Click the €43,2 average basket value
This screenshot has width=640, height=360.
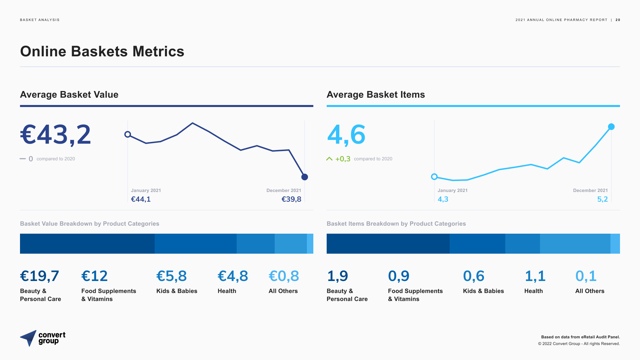pyautogui.click(x=55, y=135)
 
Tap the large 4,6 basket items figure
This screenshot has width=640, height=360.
pyautogui.click(x=346, y=135)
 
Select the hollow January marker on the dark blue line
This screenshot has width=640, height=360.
pyautogui.click(x=128, y=134)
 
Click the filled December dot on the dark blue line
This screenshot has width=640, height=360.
pyautogui.click(x=305, y=177)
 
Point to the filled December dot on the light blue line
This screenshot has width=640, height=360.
pyautogui.click(x=611, y=127)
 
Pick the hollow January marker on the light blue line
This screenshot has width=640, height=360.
pyautogui.click(x=434, y=177)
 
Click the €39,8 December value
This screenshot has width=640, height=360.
pyautogui.click(x=291, y=199)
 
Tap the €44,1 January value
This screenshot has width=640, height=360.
pyautogui.click(x=141, y=199)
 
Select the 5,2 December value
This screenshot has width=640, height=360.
pyautogui.click(x=602, y=199)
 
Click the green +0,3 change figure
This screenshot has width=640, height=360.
pyautogui.click(x=343, y=159)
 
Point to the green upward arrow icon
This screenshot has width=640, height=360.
pyautogui.click(x=329, y=159)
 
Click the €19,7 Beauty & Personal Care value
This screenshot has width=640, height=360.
pyautogui.click(x=39, y=276)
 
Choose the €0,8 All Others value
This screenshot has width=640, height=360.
pyautogui.click(x=284, y=276)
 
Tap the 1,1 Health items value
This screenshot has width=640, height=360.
pyautogui.click(x=535, y=276)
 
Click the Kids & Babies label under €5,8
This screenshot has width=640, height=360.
pyautogui.click(x=177, y=291)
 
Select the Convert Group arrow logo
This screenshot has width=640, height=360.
pyautogui.click(x=29, y=338)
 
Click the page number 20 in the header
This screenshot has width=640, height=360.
pyautogui.click(x=618, y=20)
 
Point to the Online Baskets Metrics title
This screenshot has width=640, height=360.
pyautogui.click(x=102, y=51)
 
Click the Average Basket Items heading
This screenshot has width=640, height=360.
pyautogui.click(x=376, y=95)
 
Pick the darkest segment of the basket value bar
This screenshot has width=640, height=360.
pyautogui.click(x=87, y=244)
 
